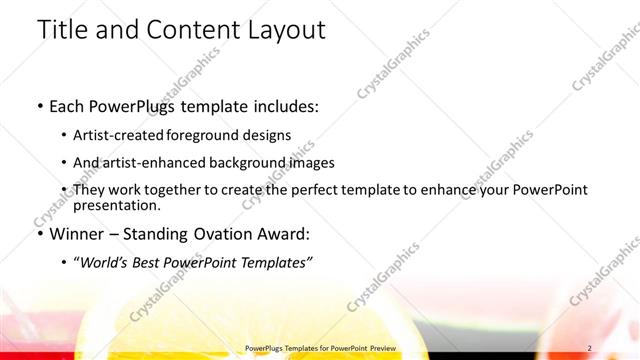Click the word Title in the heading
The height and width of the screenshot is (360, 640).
click(62, 30)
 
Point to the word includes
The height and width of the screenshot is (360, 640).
click(286, 105)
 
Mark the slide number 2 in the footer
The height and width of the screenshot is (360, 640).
click(590, 348)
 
